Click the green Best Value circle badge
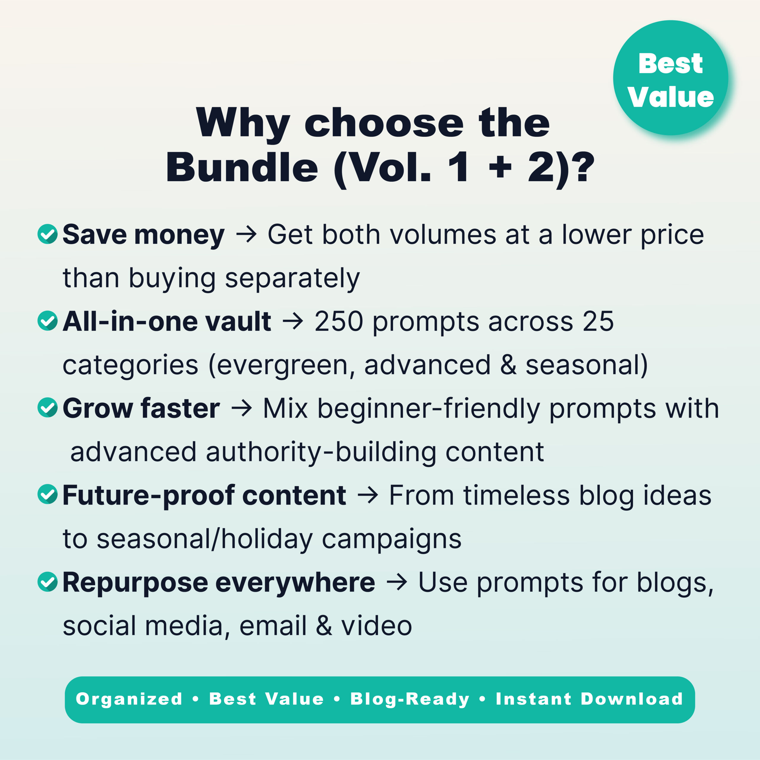point(670,78)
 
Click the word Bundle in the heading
point(242,167)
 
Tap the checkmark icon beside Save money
point(47,234)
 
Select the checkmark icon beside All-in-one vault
point(47,321)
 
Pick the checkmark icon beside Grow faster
point(47,408)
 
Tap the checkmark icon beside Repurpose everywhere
point(47,581)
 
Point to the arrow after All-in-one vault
point(293,322)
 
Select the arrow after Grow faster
point(242,408)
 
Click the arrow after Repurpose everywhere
point(397,582)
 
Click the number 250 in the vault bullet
point(338,322)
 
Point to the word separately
point(292,278)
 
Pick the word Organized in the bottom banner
point(129,699)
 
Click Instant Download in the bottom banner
point(589,699)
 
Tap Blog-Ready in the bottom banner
point(410,699)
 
